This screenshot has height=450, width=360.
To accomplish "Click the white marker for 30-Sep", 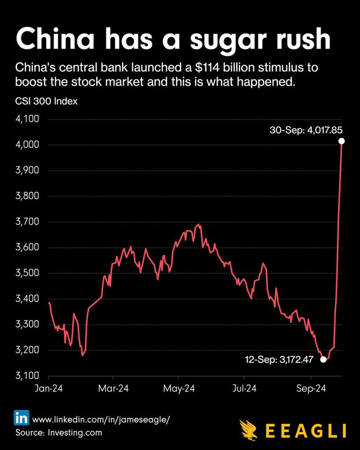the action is click(341, 141).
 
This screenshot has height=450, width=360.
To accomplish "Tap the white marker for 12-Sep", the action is click(323, 359).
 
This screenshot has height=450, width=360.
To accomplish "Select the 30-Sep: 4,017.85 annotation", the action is click(306, 130).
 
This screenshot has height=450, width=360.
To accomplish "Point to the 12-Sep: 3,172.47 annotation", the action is click(280, 359).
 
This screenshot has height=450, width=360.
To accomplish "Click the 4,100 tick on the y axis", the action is click(27, 119).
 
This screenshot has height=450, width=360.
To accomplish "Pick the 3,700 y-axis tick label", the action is click(27, 222).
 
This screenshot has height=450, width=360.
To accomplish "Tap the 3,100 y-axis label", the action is click(27, 375).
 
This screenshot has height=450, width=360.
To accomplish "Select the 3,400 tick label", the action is click(27, 299).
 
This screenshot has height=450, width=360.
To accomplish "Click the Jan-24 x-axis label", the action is click(48, 389).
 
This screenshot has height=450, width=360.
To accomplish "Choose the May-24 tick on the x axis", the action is click(179, 389).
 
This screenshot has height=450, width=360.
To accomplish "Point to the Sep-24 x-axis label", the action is click(311, 389).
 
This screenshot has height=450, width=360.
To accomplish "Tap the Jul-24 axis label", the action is click(244, 389).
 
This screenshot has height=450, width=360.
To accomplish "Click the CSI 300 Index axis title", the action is click(46, 101).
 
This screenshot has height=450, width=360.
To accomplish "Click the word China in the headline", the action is click(55, 38).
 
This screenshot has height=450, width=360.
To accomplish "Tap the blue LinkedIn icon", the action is click(21, 417).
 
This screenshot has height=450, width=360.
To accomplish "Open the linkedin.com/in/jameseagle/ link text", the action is click(101, 420).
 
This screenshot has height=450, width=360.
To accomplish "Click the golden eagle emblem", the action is click(249, 430).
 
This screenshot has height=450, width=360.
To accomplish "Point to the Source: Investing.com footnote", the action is click(58, 433).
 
